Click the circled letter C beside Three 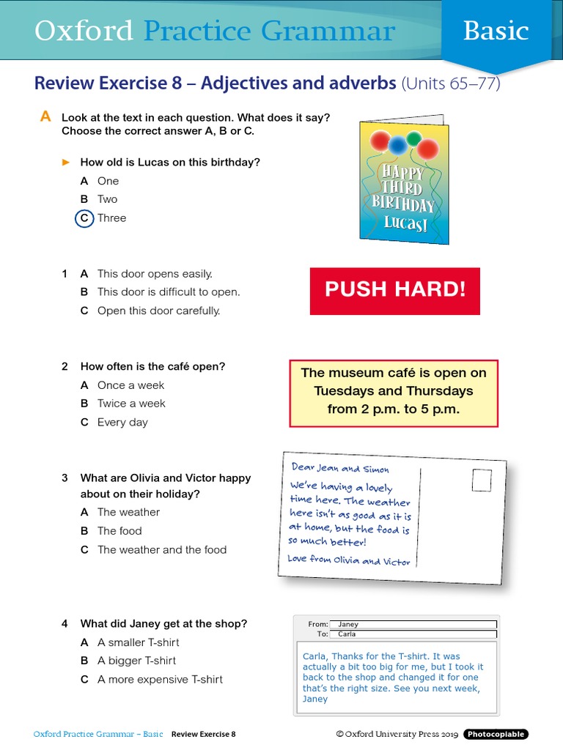point(84,218)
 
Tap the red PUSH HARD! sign point(395,290)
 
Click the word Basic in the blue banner point(496,31)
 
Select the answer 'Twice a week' point(131,404)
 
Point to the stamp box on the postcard point(482,480)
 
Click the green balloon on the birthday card point(413,138)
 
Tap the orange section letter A point(45,116)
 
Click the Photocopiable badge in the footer point(496,734)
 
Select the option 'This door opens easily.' point(155,274)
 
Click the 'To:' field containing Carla point(413,634)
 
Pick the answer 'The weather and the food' point(162,550)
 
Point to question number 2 point(65,367)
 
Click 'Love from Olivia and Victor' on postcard point(349,560)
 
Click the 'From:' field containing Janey point(413,625)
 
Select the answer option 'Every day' point(122,423)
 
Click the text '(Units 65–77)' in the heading point(451,83)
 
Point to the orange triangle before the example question point(66,162)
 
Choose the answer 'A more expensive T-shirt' point(160,680)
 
